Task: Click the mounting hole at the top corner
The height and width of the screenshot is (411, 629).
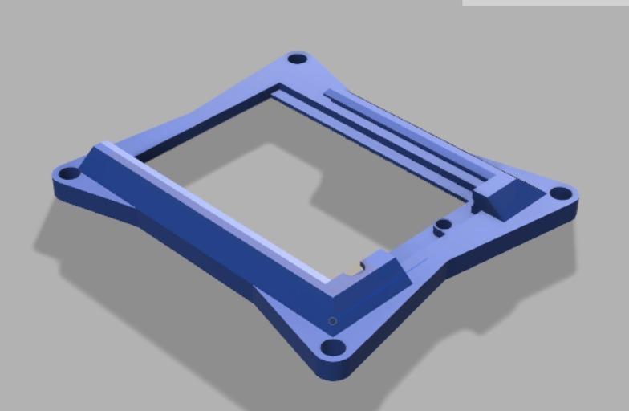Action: (298, 59)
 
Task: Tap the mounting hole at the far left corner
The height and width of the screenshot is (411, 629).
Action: (70, 173)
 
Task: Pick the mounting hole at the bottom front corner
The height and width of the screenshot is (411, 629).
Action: (332, 348)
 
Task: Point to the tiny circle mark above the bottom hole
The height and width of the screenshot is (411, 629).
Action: (333, 321)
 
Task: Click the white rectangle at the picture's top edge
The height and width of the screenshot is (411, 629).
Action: (546, 2)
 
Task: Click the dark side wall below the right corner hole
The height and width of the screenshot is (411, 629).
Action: (566, 215)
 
